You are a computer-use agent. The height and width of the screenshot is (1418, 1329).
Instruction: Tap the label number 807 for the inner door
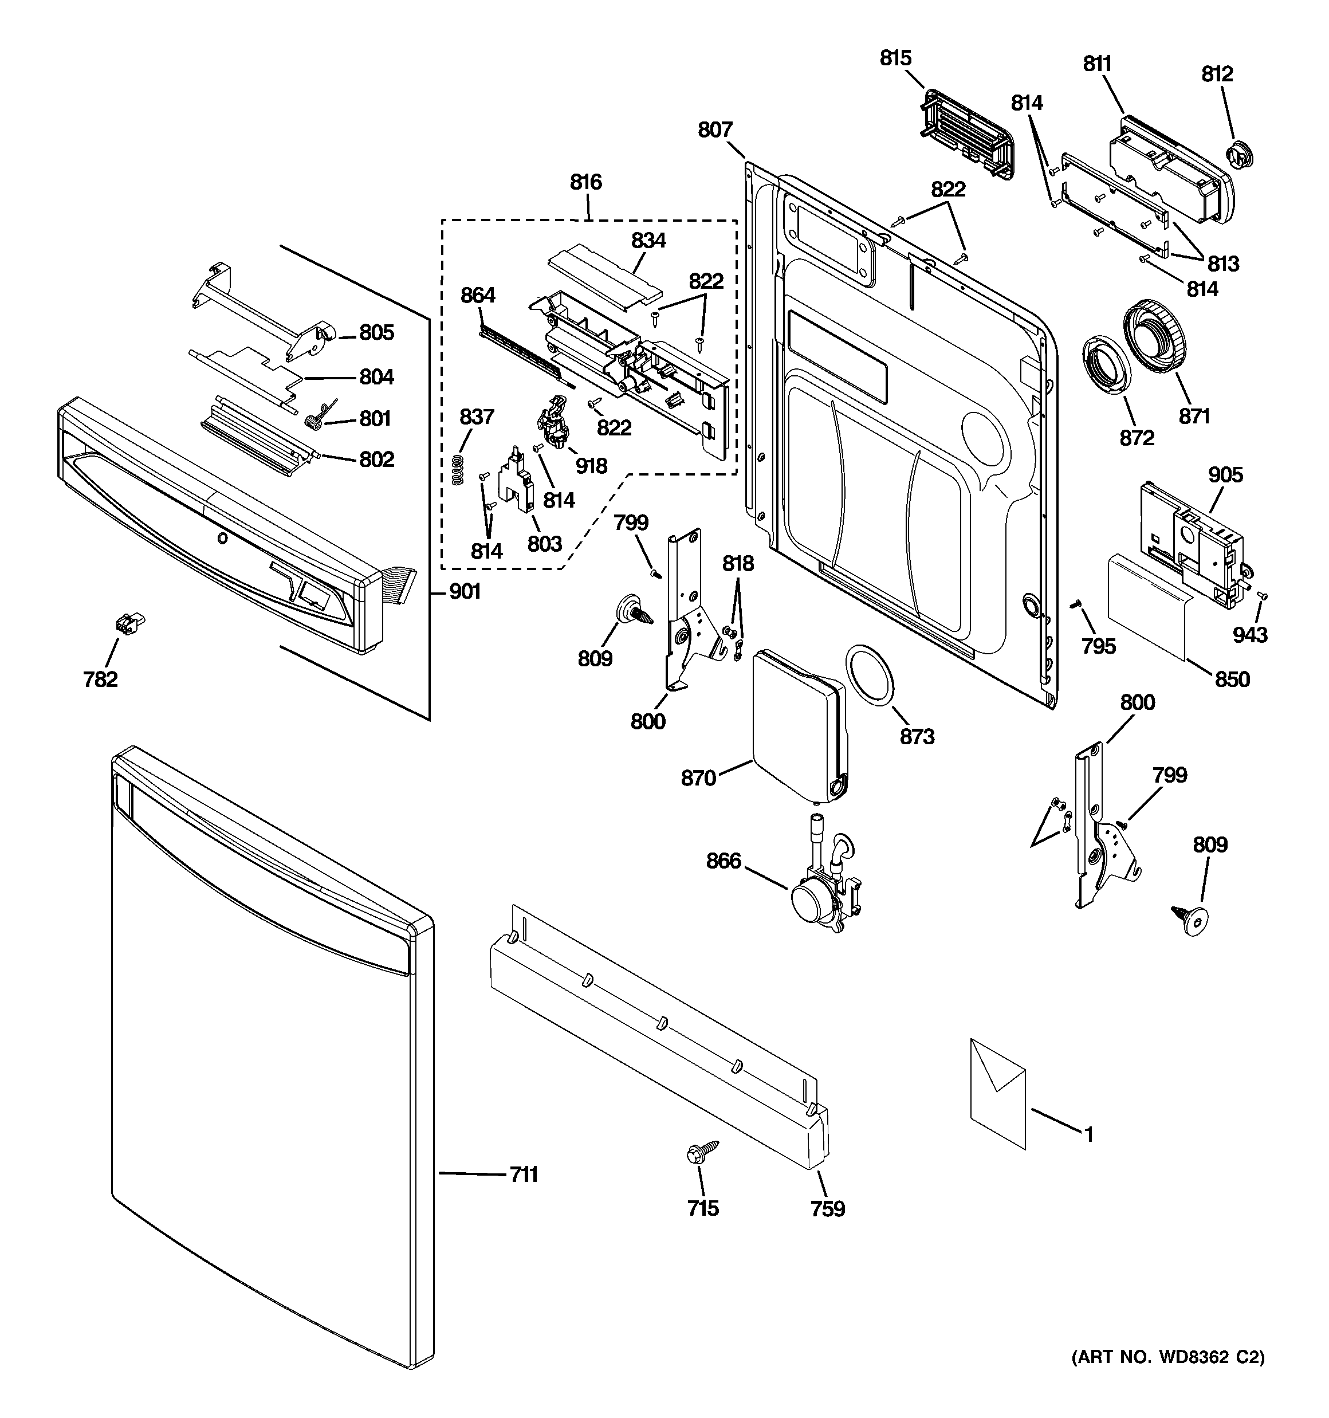pyautogui.click(x=715, y=130)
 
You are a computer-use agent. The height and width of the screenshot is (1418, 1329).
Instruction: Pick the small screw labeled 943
pyautogui.click(x=1262, y=595)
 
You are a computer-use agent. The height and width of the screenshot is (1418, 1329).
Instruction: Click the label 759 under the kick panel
pyautogui.click(x=828, y=1208)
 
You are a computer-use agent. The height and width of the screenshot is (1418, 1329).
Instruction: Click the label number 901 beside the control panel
pyautogui.click(x=465, y=591)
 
